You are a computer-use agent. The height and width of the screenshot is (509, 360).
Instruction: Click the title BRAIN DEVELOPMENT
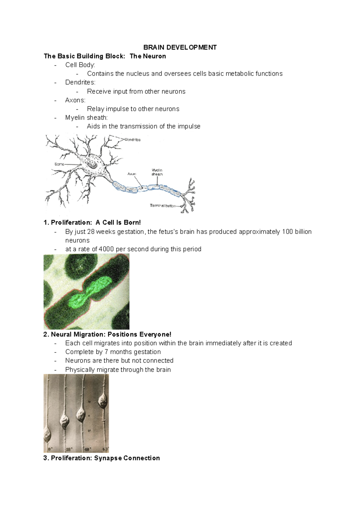[180, 47]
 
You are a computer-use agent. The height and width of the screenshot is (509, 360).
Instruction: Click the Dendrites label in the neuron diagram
[132, 140]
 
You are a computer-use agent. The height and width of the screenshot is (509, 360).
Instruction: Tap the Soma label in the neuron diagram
[59, 164]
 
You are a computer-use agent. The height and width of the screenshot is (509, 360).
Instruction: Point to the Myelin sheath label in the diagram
[157, 172]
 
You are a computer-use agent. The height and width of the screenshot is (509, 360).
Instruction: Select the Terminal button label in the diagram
[163, 206]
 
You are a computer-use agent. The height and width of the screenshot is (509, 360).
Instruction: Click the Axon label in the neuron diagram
[132, 174]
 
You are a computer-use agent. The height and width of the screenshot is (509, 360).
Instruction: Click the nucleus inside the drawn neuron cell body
[91, 164]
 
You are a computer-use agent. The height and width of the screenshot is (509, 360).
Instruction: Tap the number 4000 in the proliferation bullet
[106, 249]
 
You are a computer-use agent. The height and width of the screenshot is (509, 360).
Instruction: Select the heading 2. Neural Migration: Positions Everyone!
[107, 334]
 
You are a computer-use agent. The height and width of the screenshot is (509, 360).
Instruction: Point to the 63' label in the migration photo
[105, 449]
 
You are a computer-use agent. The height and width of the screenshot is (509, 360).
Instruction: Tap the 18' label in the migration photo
[69, 449]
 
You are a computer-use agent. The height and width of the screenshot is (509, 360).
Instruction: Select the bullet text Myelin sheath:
[86, 118]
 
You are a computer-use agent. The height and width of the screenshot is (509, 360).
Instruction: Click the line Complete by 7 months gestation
[113, 352]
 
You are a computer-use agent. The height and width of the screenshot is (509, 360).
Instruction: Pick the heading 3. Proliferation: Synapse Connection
[102, 458]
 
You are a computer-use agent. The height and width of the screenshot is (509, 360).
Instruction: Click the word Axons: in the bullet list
[75, 100]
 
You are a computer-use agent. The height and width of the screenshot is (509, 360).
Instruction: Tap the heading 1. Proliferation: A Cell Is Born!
[92, 222]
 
